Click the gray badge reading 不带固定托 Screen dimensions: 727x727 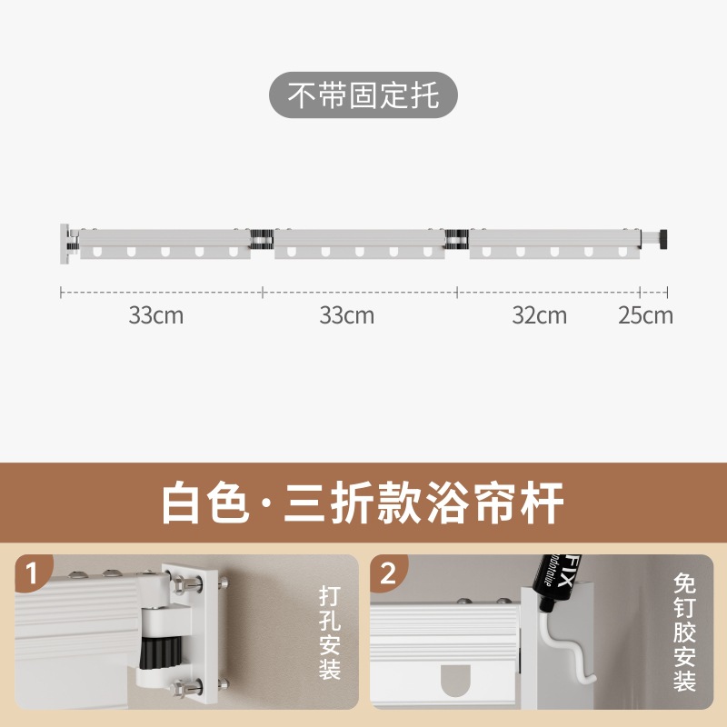click(x=363, y=95)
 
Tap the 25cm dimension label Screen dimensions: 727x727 click(x=645, y=315)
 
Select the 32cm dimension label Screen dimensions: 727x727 click(x=539, y=315)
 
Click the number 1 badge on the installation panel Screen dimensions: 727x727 click(x=33, y=574)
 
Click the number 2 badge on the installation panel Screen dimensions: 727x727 click(x=388, y=574)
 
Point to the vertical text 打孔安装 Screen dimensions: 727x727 click(x=329, y=632)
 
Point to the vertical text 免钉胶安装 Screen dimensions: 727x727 click(x=684, y=632)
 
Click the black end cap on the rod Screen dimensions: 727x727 click(x=663, y=239)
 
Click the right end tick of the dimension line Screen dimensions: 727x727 click(x=668, y=292)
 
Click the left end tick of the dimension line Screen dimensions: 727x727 click(x=61, y=292)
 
